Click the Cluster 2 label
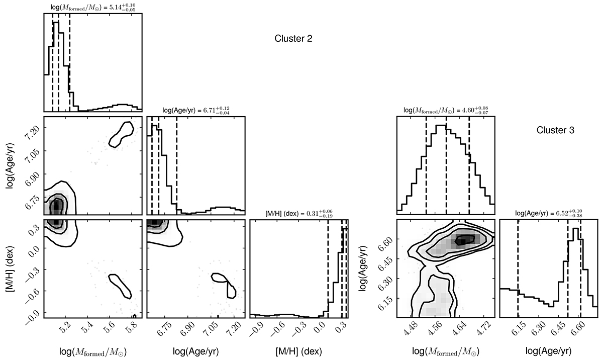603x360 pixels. (x=294, y=39)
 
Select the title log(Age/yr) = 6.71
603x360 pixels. (x=195, y=110)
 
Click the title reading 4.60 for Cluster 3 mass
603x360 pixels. (x=445, y=110)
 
